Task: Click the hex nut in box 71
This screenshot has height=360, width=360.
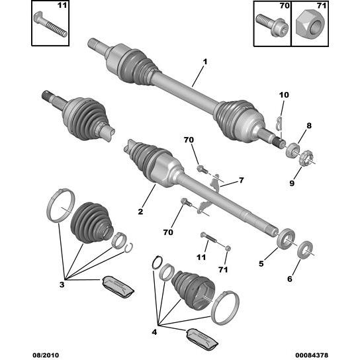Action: (310, 26)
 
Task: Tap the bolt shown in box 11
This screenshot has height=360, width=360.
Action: (50, 24)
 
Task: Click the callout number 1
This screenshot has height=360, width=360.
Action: (204, 62)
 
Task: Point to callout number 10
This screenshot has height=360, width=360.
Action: (284, 95)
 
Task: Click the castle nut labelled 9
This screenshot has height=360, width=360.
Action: (306, 157)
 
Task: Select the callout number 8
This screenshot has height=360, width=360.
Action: (309, 126)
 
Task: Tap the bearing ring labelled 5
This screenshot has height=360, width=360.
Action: (286, 239)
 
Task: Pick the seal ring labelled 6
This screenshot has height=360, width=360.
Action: (304, 249)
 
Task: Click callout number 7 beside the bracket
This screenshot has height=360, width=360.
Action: (241, 180)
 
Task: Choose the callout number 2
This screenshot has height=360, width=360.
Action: (140, 212)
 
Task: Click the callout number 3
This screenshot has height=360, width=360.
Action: (62, 285)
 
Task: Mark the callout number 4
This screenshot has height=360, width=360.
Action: (154, 332)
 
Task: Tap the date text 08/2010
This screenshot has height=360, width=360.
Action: (46, 355)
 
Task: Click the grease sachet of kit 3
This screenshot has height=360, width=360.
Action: (118, 287)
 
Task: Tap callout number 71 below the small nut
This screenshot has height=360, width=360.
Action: (223, 269)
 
